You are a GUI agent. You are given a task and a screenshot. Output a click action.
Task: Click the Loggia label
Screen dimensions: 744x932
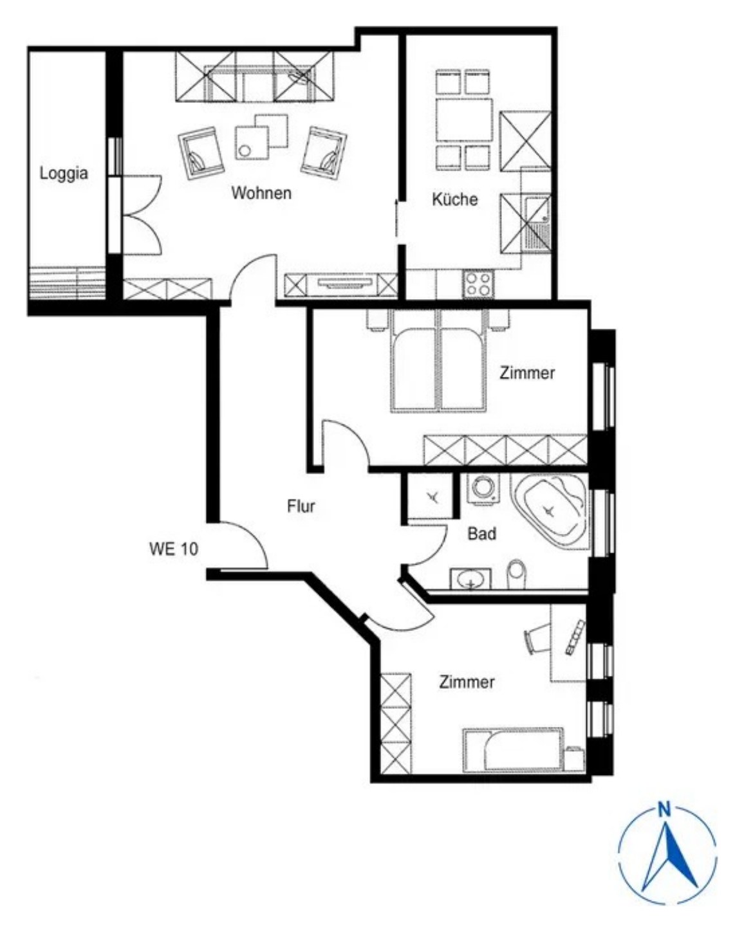tap(64, 174)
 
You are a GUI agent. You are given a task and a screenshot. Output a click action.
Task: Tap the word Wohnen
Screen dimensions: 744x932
tap(261, 193)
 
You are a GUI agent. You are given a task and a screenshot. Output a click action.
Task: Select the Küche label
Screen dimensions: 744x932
tap(455, 199)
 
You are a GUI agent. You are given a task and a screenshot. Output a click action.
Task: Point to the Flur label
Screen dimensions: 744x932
tap(301, 506)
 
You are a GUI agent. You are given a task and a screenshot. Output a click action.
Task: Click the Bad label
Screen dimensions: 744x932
tap(482, 534)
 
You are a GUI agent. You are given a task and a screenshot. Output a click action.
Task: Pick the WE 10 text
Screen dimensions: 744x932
tap(174, 549)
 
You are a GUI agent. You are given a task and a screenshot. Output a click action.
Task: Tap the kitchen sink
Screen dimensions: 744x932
tap(537, 225)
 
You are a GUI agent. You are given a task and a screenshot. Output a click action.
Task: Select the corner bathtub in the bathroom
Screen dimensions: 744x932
tap(550, 511)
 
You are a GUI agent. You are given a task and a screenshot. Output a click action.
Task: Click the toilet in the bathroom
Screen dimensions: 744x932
tap(516, 575)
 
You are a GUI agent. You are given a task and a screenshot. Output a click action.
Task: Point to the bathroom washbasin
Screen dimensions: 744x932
tap(470, 579)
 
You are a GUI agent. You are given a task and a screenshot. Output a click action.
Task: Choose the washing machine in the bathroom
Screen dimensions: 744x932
tap(483, 488)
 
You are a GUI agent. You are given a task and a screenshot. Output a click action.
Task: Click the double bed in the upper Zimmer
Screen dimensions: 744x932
tap(438, 360)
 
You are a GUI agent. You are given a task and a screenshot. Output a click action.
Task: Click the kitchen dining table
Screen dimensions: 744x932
tap(464, 120)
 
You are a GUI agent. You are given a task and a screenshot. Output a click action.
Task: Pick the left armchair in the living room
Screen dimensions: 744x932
tap(201, 153)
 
